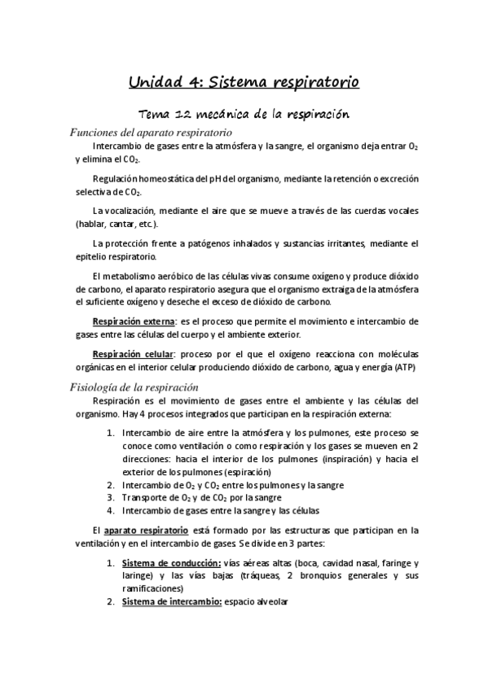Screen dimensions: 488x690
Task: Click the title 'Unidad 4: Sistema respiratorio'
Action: coord(244,81)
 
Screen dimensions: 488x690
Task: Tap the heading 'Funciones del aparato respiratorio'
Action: coord(152,132)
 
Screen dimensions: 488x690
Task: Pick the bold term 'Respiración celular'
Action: coord(132,354)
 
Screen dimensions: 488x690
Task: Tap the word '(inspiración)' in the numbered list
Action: coord(332,459)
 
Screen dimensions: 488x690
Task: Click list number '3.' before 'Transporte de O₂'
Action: coord(112,497)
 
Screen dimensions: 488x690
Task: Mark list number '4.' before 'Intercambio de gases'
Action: coord(112,510)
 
